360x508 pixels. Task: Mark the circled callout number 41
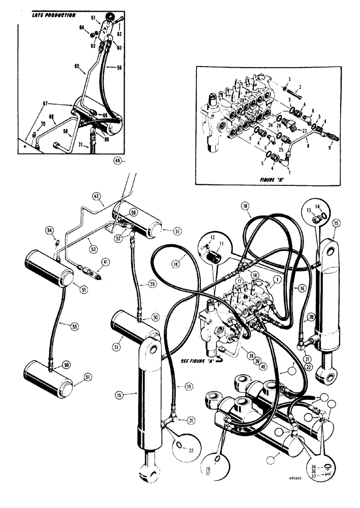tap(106, 263)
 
